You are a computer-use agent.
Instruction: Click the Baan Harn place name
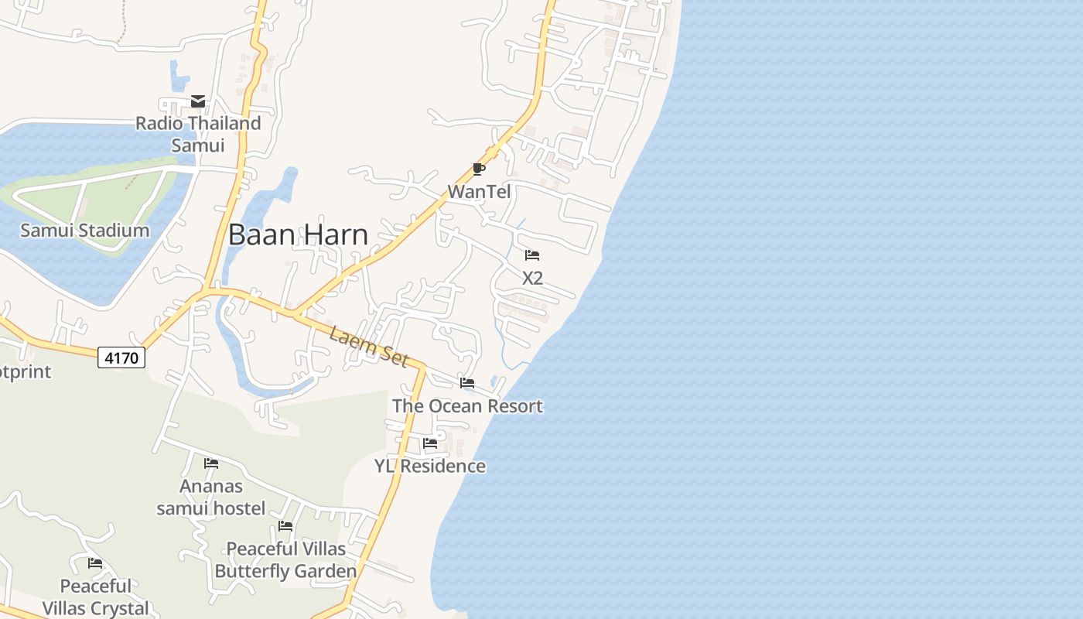pyautogui.click(x=298, y=234)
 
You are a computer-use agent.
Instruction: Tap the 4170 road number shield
pyautogui.click(x=121, y=357)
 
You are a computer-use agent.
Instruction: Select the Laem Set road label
pyautogui.click(x=368, y=346)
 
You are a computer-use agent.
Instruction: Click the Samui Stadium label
pyautogui.click(x=84, y=230)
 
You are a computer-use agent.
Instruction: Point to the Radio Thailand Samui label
pyautogui.click(x=198, y=134)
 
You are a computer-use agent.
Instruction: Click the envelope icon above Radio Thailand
pyautogui.click(x=198, y=101)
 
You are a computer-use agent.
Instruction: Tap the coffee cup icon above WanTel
pyautogui.click(x=479, y=169)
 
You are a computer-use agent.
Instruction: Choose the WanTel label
pyautogui.click(x=479, y=191)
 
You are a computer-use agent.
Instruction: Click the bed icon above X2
pyautogui.click(x=532, y=255)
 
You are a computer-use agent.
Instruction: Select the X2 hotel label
pyautogui.click(x=532, y=278)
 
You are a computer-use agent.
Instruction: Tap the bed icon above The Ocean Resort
pyautogui.click(x=467, y=383)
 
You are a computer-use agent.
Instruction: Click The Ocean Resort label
pyautogui.click(x=467, y=405)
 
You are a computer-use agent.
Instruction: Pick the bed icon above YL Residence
pyautogui.click(x=430, y=443)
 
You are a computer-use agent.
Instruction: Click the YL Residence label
pyautogui.click(x=430, y=466)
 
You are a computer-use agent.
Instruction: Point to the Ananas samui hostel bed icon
pyautogui.click(x=211, y=463)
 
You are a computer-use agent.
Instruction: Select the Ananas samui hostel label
pyautogui.click(x=211, y=497)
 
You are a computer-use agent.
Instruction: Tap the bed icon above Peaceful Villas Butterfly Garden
pyautogui.click(x=285, y=526)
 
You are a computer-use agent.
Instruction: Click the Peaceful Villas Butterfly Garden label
pyautogui.click(x=285, y=560)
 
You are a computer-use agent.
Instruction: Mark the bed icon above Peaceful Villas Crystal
pyautogui.click(x=95, y=563)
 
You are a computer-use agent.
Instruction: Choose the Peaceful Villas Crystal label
pyautogui.click(x=96, y=597)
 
